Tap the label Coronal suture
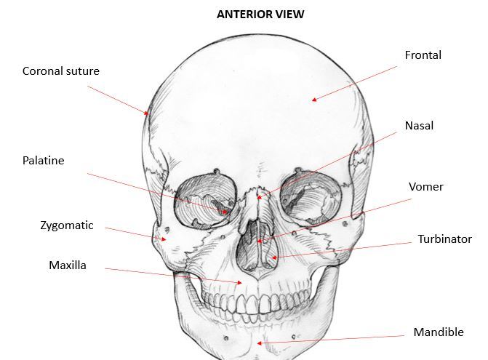60,71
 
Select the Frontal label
423,55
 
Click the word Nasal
419,126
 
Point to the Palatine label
43,161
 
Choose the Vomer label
425,187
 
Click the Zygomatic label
67,225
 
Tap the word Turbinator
444,239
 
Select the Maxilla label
67,265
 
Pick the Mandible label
438,332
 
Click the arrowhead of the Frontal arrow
313,100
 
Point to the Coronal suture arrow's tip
148,114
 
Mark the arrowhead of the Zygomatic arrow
167,239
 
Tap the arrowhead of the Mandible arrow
265,342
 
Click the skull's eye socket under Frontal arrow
308,196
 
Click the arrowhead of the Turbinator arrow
271,257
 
